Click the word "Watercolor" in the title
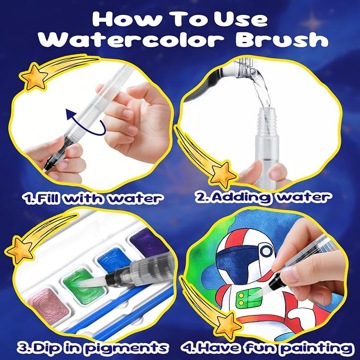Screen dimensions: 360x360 click(x=131, y=39)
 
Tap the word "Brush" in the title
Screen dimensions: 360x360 click(x=282, y=39)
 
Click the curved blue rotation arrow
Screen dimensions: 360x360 click(x=85, y=122)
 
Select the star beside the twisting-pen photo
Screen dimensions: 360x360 click(x=34, y=77)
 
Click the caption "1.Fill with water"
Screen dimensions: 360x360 click(x=94, y=198)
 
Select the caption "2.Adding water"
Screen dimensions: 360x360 click(x=263, y=197)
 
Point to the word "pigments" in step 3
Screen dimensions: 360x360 click(x=127, y=348)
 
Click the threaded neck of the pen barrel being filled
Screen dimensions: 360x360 click(x=266, y=122)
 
